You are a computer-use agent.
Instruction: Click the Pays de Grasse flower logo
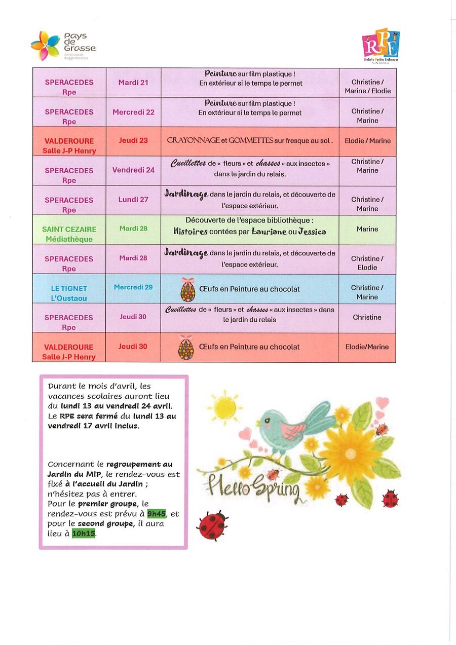click(x=46, y=45)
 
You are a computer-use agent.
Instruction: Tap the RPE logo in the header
click(x=381, y=44)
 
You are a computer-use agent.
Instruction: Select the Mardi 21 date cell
click(x=133, y=82)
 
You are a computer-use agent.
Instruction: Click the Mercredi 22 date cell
click(x=133, y=112)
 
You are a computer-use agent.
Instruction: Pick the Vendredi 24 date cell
click(x=133, y=170)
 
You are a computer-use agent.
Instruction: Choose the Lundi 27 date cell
click(x=133, y=200)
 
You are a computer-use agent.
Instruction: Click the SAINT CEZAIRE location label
click(x=69, y=229)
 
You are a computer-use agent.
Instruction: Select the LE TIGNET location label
click(x=69, y=288)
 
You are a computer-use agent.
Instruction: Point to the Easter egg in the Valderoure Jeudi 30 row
click(x=186, y=348)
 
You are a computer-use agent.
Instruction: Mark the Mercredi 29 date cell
click(x=133, y=287)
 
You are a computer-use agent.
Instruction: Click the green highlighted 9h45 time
click(x=156, y=514)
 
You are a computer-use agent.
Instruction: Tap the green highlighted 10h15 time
click(x=84, y=533)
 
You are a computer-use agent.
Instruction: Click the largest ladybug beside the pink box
click(x=212, y=525)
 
